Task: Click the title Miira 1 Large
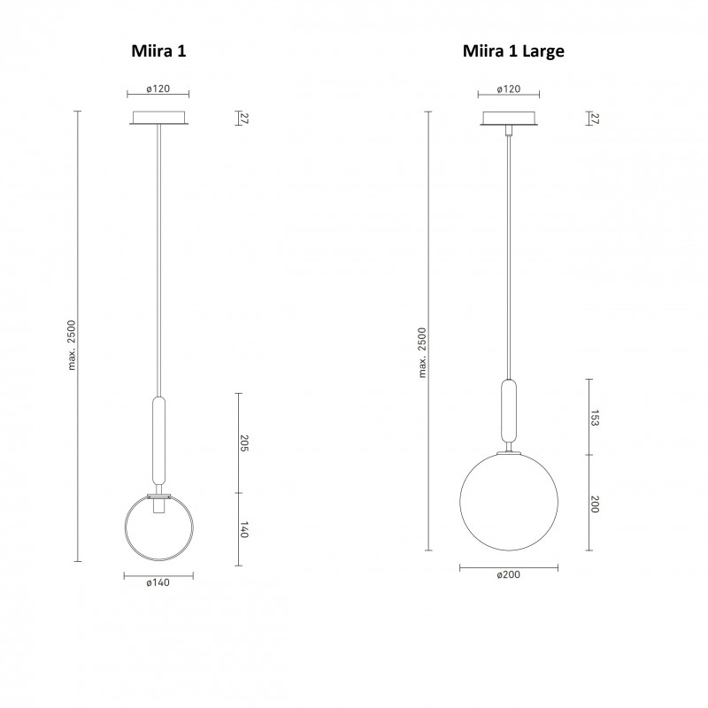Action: (513, 51)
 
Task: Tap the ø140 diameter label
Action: (159, 582)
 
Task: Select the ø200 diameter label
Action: (508, 574)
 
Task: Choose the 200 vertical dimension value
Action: (595, 504)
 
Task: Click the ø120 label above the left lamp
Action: (159, 90)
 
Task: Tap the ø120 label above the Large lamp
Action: (508, 89)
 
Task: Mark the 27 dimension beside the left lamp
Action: (245, 119)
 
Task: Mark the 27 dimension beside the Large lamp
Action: (595, 119)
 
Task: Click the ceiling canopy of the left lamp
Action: (159, 119)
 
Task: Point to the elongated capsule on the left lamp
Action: (159, 438)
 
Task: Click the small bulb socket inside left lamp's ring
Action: (159, 507)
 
